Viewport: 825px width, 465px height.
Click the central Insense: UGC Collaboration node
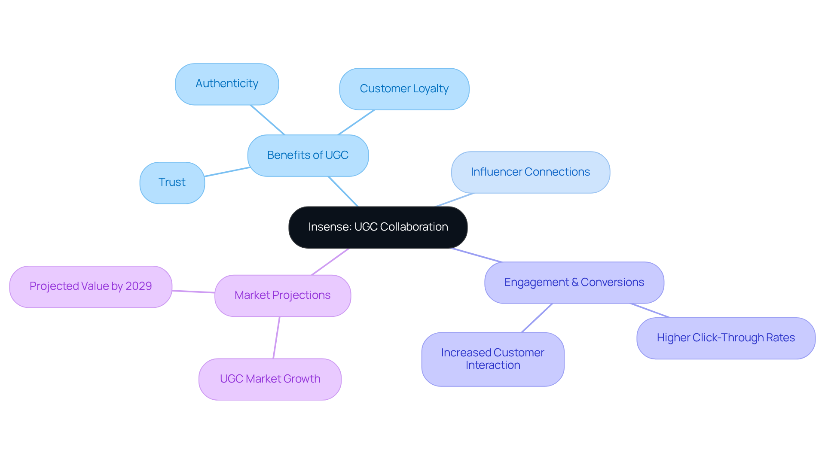(x=378, y=227)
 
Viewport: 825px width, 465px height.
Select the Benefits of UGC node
(x=308, y=155)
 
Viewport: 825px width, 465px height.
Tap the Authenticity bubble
(x=226, y=84)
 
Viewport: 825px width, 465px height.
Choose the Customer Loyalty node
(x=404, y=89)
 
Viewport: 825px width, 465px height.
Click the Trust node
(x=172, y=182)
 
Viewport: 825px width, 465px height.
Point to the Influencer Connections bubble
(x=530, y=172)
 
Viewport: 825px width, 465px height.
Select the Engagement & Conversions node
(x=574, y=283)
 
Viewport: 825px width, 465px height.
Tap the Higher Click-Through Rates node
(x=726, y=338)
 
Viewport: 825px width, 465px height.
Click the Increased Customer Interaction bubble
(x=492, y=359)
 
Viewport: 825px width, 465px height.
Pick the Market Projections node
(x=282, y=295)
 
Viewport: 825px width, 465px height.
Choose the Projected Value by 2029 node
(x=91, y=286)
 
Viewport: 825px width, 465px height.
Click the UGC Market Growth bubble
(x=270, y=379)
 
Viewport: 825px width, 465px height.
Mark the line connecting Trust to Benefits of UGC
(x=227, y=172)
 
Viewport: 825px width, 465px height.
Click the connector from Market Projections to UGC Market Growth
(x=276, y=337)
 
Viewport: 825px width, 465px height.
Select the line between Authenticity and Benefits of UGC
(x=267, y=120)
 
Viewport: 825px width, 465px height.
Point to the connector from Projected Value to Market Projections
(x=193, y=292)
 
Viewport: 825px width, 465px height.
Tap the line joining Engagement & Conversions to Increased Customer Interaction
(x=537, y=318)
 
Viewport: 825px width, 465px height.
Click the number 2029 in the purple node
(x=138, y=286)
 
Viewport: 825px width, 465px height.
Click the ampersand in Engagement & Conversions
(x=574, y=283)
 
